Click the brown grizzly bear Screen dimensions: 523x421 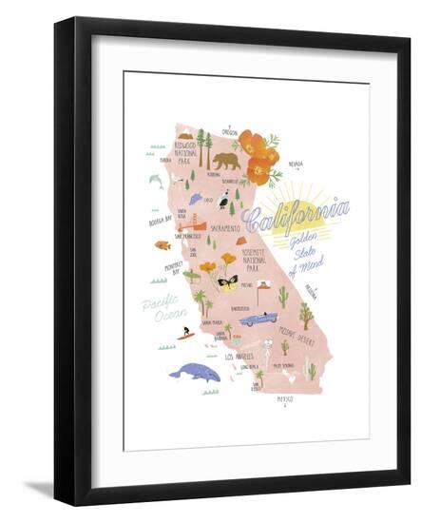click(x=225, y=161)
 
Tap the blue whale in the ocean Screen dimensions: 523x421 click(x=195, y=372)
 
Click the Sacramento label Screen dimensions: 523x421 click(x=224, y=229)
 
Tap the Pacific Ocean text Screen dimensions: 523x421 click(x=162, y=310)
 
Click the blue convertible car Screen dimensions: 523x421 click(x=258, y=320)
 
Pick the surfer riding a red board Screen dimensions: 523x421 click(x=185, y=334)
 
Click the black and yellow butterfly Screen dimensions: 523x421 click(x=227, y=282)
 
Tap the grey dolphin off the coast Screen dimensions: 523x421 click(x=156, y=179)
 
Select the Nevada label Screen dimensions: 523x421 click(x=296, y=163)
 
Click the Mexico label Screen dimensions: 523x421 click(x=284, y=399)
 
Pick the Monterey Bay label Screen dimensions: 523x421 click(x=173, y=269)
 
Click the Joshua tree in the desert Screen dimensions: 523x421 click(x=305, y=315)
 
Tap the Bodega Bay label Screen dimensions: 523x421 click(x=160, y=221)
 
